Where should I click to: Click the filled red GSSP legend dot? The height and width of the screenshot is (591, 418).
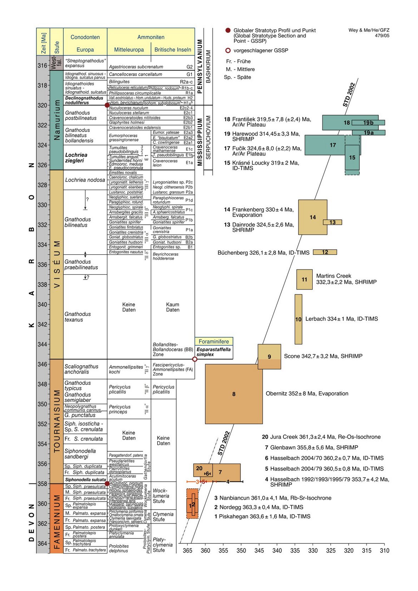click(x=228, y=30)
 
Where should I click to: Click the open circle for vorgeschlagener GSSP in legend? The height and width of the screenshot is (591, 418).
click(x=228, y=50)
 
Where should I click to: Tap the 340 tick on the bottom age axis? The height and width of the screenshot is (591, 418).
click(x=277, y=550)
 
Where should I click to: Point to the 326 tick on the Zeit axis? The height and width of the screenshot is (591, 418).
click(x=43, y=165)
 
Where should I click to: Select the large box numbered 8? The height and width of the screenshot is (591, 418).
click(x=234, y=394)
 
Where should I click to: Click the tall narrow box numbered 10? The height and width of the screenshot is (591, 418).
click(x=298, y=319)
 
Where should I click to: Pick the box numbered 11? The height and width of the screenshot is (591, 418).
click(x=304, y=279)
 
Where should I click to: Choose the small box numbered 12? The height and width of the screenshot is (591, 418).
click(x=325, y=252)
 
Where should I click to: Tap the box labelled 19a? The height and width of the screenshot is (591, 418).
click(x=368, y=133)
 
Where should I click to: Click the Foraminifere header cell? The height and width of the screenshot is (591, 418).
click(x=214, y=341)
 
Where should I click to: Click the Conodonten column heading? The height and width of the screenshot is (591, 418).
click(x=85, y=37)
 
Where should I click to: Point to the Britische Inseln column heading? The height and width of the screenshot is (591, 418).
click(x=173, y=50)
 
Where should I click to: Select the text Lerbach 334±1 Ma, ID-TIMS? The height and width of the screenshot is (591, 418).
click(x=342, y=319)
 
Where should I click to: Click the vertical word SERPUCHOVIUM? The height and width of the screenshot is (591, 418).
click(x=209, y=138)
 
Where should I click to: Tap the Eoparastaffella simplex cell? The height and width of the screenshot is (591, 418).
click(x=214, y=352)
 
